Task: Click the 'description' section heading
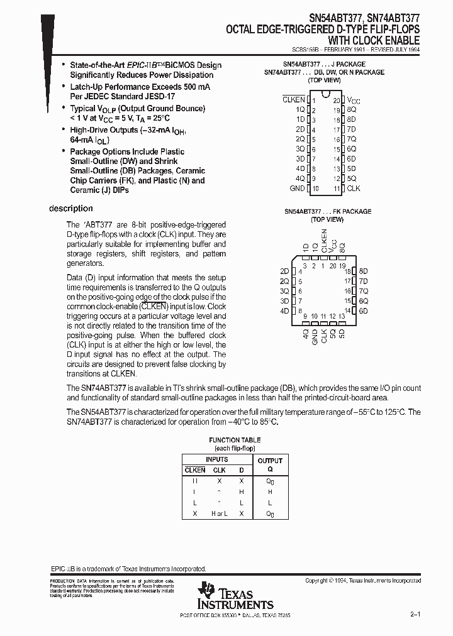(70, 209)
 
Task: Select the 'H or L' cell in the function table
(219, 514)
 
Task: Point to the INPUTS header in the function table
(216, 460)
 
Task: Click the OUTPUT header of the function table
(270, 461)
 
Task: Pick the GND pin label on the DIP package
(297, 188)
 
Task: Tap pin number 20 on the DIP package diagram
(336, 100)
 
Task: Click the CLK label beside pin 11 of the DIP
(354, 188)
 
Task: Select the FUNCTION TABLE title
(235, 440)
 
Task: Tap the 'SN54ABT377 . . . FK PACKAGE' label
(327, 211)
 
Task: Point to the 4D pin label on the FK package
(284, 311)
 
